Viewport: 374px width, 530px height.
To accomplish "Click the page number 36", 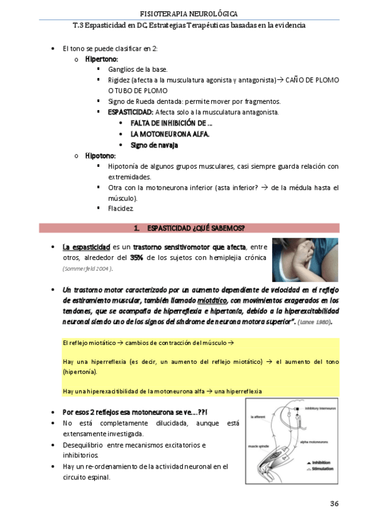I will pos(334,504).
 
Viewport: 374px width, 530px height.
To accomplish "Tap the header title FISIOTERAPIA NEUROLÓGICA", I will pos(188,13).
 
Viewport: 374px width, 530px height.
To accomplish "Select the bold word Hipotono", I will pos(101,156).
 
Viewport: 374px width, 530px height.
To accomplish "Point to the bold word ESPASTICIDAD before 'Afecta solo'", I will pos(130,112).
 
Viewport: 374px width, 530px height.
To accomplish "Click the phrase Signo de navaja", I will pos(154,145).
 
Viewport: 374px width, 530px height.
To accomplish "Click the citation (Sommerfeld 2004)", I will pos(87,269).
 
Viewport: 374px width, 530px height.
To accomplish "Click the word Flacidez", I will pos(121,208).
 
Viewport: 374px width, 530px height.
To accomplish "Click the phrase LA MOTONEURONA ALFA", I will pos(170,134).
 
